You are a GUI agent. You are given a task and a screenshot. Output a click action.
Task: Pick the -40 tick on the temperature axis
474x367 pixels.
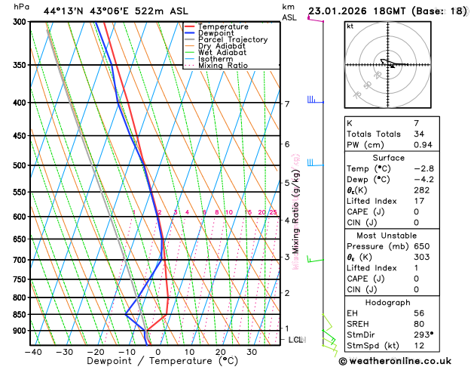[32, 352]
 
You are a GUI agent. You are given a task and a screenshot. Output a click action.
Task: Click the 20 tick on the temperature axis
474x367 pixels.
[221, 352]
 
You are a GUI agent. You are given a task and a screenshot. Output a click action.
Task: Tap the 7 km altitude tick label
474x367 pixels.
[287, 104]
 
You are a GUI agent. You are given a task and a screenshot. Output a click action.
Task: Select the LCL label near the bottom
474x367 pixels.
[296, 340]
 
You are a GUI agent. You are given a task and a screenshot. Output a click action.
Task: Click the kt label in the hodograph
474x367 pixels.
[350, 26]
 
